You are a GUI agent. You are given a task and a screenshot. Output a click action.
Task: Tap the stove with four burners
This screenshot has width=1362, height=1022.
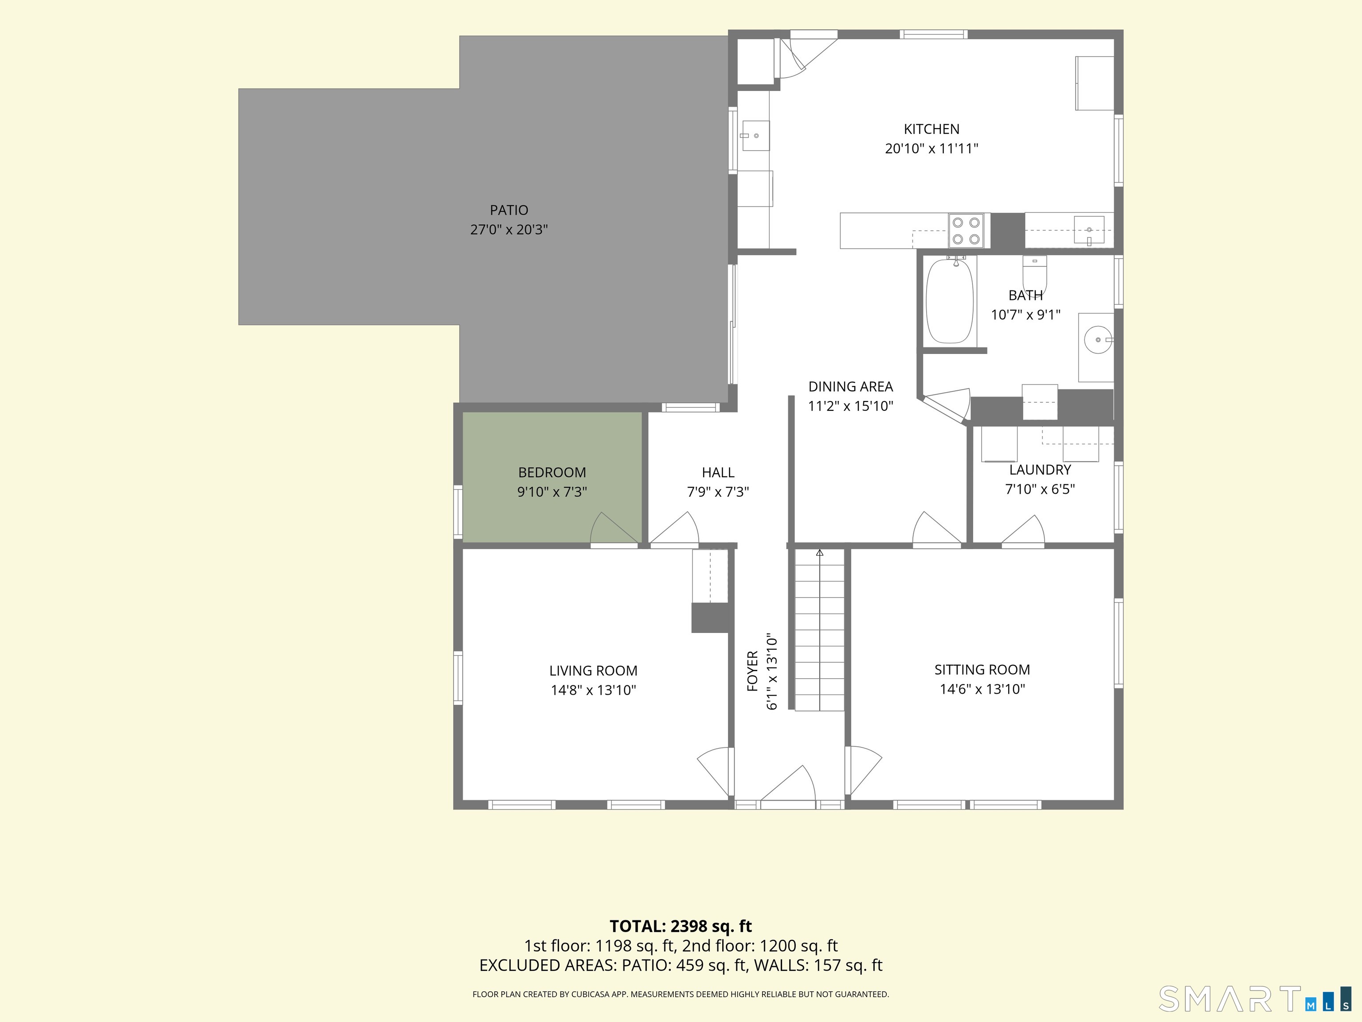(x=966, y=230)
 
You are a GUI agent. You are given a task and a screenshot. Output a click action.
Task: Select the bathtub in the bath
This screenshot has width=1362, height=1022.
(x=950, y=301)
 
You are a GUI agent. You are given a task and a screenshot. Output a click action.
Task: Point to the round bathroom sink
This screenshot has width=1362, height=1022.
(x=1098, y=339)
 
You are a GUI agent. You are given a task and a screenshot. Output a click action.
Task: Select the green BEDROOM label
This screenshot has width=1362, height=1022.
(x=552, y=472)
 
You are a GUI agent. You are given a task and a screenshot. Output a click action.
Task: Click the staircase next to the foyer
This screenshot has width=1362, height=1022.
(x=819, y=629)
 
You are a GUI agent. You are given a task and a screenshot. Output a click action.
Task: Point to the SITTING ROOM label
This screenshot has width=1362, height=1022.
(x=982, y=670)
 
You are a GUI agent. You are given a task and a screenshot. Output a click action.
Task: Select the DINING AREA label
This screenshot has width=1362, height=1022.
(x=850, y=386)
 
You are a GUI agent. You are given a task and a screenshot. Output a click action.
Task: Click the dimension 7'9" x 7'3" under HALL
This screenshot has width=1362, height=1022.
(x=718, y=491)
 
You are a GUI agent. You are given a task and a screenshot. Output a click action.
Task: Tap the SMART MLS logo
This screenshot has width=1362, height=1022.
(x=1254, y=998)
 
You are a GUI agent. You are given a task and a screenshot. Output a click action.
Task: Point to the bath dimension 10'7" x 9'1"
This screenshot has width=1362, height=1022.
(x=1025, y=315)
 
